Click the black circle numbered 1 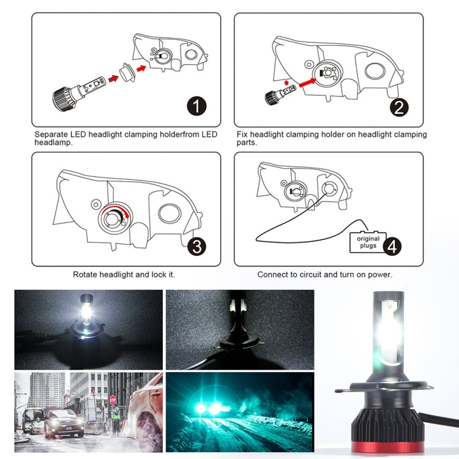[196, 106]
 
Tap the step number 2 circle [398, 108]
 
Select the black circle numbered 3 [196, 247]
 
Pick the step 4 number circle [392, 246]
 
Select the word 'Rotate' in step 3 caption [85, 275]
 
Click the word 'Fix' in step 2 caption [242, 135]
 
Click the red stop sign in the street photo [113, 400]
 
